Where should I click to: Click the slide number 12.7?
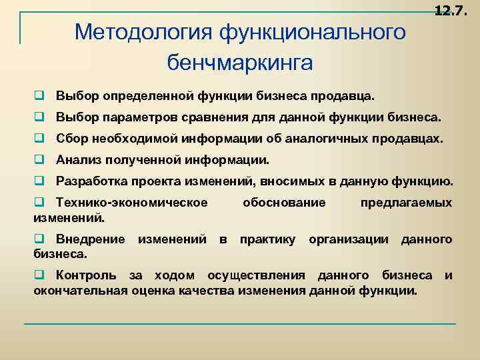point(450,10)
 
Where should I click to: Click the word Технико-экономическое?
point(132,203)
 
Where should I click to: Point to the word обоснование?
point(285,203)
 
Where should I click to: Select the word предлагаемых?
point(406,203)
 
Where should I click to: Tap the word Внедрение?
point(91,239)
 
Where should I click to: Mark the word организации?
point(347,239)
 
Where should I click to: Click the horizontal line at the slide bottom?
point(240,324)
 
